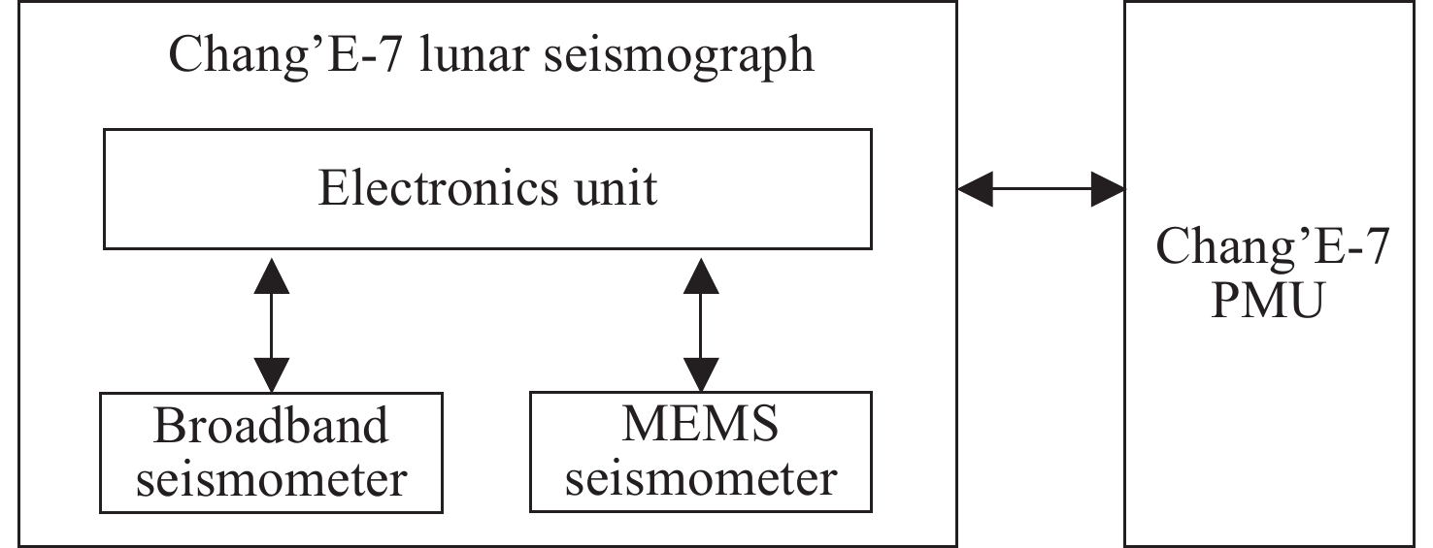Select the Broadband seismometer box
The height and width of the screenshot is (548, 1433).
click(271, 452)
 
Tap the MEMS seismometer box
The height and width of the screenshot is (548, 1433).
click(699, 452)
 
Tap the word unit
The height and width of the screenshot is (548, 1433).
click(616, 188)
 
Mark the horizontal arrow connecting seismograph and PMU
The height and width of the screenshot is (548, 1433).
click(1041, 188)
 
